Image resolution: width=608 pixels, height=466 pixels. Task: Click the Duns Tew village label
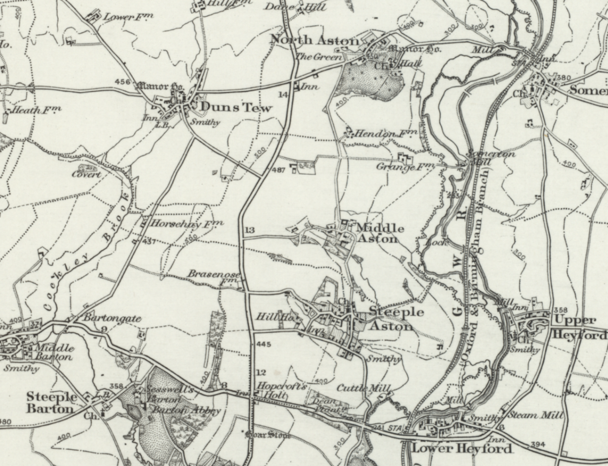pos(236,107)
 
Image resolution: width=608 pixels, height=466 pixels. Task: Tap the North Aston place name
pos(315,40)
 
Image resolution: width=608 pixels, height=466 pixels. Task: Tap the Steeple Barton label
pos(51,402)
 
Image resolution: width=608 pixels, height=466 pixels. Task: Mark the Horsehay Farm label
pos(187,224)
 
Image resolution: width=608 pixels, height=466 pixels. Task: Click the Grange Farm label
pos(405,166)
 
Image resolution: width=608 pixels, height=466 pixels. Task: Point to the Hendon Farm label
pos(380,134)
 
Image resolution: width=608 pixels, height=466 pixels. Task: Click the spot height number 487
pos(278,170)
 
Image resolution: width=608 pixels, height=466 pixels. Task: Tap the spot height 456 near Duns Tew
pos(122,82)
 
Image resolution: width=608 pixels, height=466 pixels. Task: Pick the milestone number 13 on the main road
pos(250,230)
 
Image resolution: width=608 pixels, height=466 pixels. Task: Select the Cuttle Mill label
pos(363,388)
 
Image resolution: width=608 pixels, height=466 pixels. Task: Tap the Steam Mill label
pos(535,415)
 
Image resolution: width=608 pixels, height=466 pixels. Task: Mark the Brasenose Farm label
pos(214,275)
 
